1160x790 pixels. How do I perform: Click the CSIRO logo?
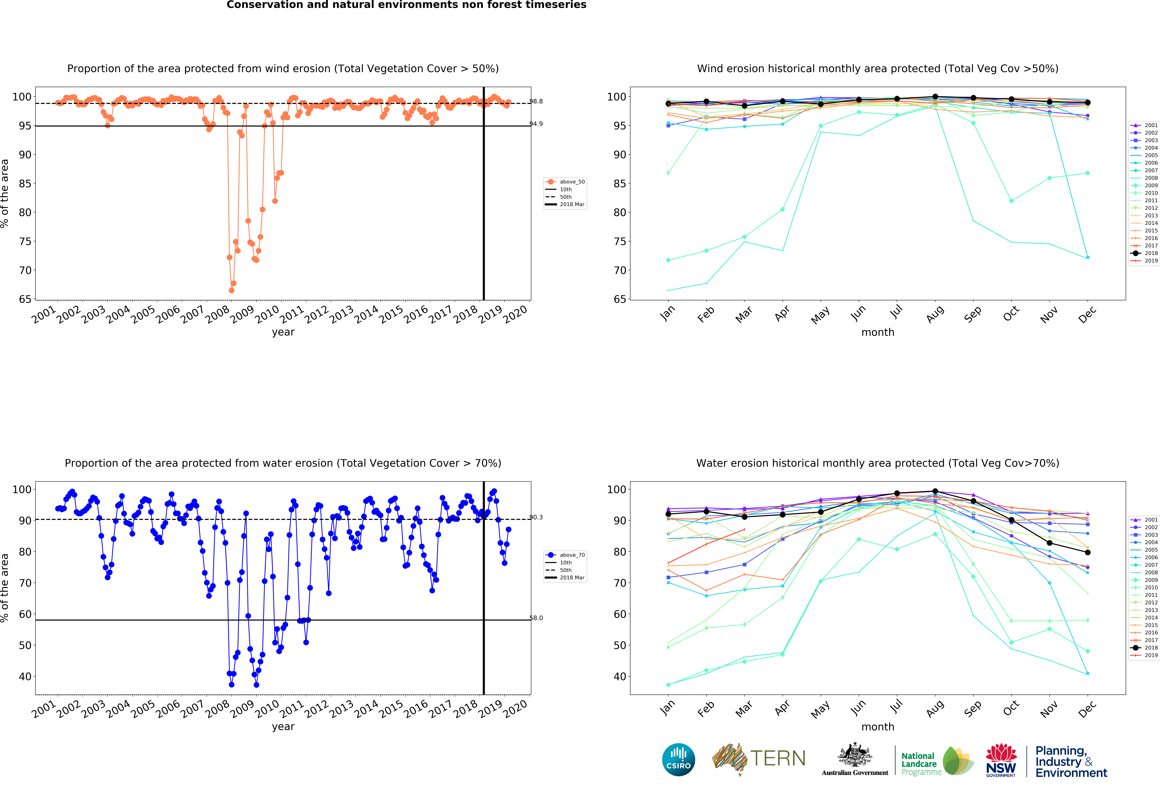click(678, 760)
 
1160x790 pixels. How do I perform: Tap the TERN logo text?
click(778, 759)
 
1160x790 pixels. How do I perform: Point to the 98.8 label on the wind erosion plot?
click(536, 101)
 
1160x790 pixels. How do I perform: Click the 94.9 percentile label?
click(536, 124)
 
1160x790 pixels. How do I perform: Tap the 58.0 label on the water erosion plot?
click(536, 618)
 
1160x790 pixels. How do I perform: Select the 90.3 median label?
click(536, 517)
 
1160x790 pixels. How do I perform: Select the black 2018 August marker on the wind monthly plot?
click(935, 97)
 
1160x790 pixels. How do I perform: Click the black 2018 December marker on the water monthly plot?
click(1088, 553)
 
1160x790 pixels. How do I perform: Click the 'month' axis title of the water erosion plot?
click(877, 727)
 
